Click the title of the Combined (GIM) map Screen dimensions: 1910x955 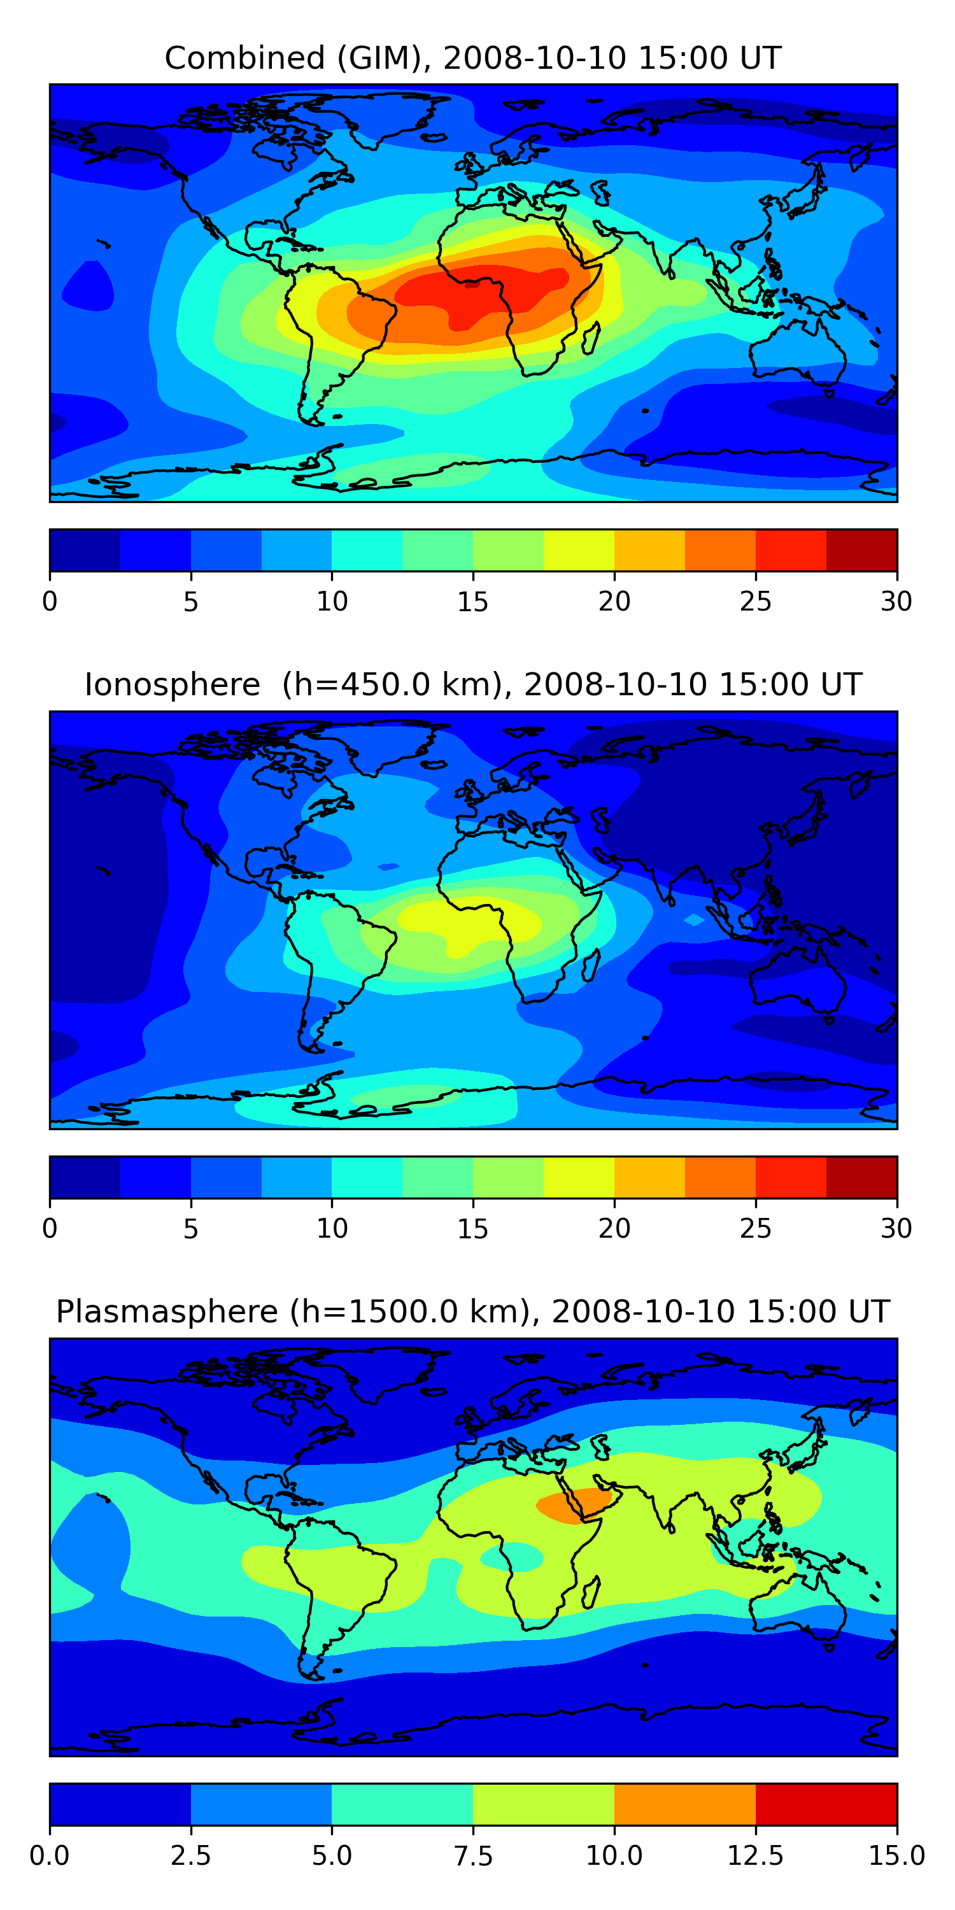pyautogui.click(x=473, y=58)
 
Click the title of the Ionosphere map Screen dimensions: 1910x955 pyautogui.click(x=473, y=684)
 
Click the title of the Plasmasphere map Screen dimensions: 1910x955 pyautogui.click(x=473, y=1312)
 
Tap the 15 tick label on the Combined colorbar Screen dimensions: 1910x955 pyautogui.click(x=473, y=601)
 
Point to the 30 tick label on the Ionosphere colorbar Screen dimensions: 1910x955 pyautogui.click(x=896, y=1229)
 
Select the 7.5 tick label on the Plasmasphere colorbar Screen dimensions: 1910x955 pyautogui.click(x=473, y=1856)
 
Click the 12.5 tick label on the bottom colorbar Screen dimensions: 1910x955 pyautogui.click(x=756, y=1856)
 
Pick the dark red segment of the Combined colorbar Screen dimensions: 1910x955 pyautogui.click(x=861, y=550)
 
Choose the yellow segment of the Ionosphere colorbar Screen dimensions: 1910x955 pyautogui.click(x=579, y=1177)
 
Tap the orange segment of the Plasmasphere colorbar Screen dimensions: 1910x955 pyautogui.click(x=684, y=1804)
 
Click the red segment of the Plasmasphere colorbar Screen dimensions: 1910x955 pyautogui.click(x=826, y=1804)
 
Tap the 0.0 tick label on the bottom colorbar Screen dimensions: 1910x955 pyautogui.click(x=49, y=1856)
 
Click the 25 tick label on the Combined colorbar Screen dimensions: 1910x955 pyautogui.click(x=756, y=601)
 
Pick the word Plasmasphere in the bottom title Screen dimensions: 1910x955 pyautogui.click(x=167, y=1312)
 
